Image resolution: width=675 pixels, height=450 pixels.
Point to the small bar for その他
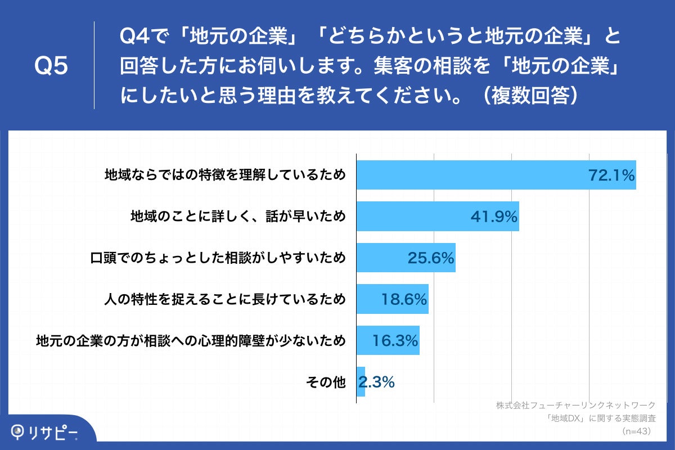click(x=361, y=382)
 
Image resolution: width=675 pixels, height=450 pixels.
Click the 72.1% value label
click(x=611, y=175)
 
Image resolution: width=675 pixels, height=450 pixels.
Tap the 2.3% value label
click(x=377, y=382)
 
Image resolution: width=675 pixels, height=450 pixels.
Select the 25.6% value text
click(x=430, y=258)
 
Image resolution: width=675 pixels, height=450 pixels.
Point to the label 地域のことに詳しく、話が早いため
click(x=237, y=217)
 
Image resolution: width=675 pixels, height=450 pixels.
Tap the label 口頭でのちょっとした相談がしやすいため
click(x=218, y=258)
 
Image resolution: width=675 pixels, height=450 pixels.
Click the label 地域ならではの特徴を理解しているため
click(x=225, y=175)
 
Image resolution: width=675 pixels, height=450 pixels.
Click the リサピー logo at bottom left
click(x=45, y=432)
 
